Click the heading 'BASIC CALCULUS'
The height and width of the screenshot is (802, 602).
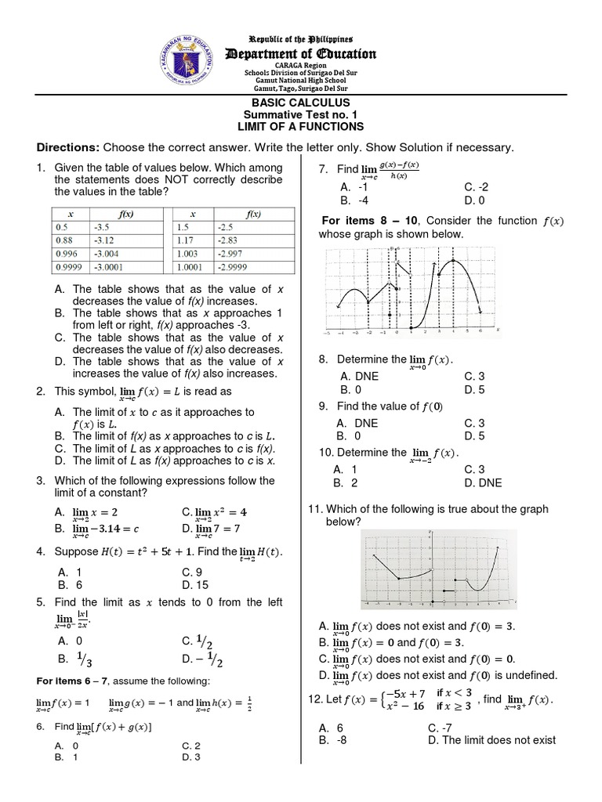point(301,103)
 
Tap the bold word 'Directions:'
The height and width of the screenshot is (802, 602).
point(67,147)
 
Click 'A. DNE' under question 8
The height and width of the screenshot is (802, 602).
point(359,376)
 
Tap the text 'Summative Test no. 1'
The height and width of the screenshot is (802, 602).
point(301,115)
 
